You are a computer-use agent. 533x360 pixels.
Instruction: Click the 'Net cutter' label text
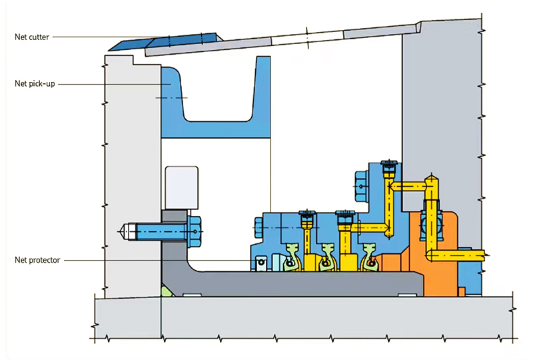(32, 37)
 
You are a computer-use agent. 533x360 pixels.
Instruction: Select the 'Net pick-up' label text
(35, 83)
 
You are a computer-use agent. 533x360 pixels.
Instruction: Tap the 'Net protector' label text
(37, 260)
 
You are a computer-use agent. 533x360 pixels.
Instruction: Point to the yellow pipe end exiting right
(484, 253)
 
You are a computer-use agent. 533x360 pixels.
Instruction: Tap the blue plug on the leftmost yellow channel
(306, 215)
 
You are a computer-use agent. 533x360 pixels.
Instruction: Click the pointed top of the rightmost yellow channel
(432, 177)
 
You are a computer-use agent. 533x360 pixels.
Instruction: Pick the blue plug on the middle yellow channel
(345, 215)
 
